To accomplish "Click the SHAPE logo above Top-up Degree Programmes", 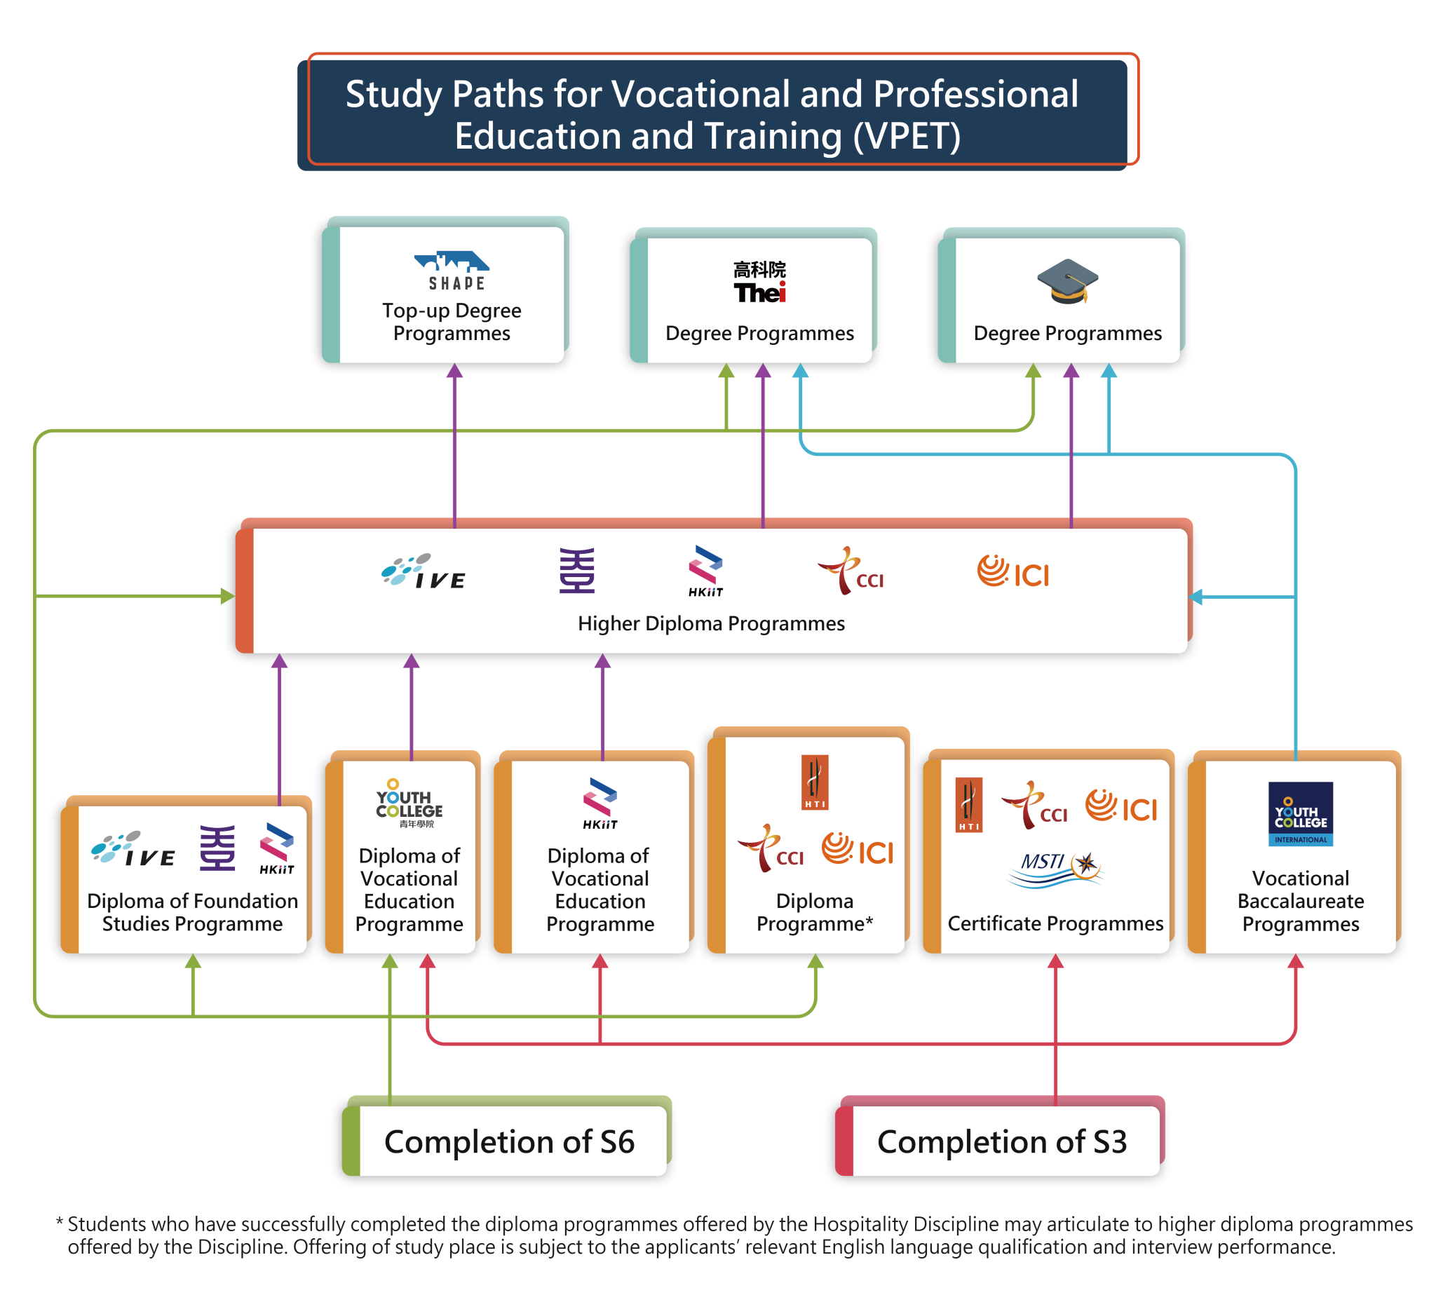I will click(452, 271).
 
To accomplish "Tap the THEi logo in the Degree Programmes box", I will click(760, 283).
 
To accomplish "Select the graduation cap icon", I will click(1067, 282).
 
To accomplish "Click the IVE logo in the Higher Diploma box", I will click(424, 572).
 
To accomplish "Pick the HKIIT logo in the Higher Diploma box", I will click(705, 571).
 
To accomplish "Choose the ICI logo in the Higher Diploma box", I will click(1013, 572).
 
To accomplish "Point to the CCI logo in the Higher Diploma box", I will click(851, 571).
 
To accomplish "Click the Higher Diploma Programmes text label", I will click(711, 624).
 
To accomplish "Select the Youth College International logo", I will click(1300, 814).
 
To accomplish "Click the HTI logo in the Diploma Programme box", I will click(815, 782).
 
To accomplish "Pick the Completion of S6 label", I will click(510, 1142).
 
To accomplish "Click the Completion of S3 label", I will click(1002, 1142).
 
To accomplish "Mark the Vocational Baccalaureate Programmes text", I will click(1300, 901).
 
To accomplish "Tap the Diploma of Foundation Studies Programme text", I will click(192, 912).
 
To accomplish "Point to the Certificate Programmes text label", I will click(1055, 923).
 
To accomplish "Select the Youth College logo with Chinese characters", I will click(409, 804).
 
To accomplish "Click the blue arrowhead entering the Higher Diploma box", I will click(1196, 596).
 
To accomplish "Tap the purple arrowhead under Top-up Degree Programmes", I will click(454, 371).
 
